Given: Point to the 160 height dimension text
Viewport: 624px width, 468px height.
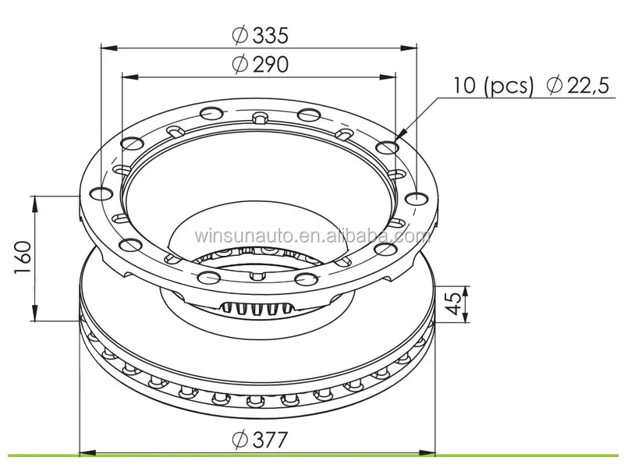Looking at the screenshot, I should [x=23, y=257].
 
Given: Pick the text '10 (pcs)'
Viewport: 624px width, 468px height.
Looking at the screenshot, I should [x=493, y=86].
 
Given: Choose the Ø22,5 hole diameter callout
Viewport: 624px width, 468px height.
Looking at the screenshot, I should [x=578, y=86].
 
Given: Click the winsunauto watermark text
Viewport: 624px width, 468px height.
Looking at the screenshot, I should [x=312, y=236].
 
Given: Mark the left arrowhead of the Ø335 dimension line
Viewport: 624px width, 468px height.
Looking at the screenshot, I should [x=105, y=48].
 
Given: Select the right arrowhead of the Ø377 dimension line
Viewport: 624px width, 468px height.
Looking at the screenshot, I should [x=430, y=452].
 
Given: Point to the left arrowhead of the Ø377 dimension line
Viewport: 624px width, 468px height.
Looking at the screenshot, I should [x=85, y=452].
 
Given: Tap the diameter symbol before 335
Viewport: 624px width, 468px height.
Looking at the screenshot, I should [x=239, y=35].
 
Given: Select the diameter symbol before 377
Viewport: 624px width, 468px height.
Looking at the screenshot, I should [x=239, y=440].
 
